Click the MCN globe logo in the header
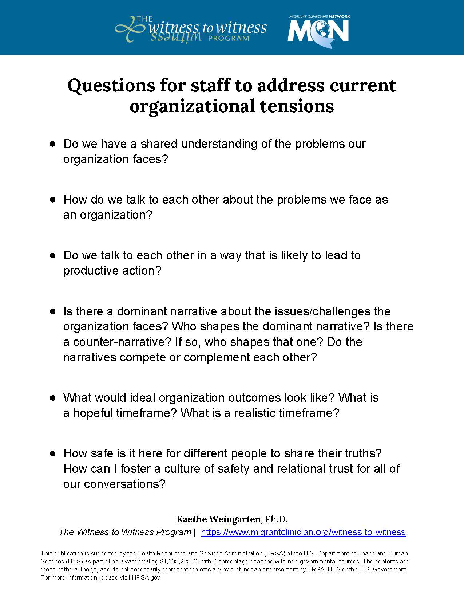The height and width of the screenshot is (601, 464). point(318,31)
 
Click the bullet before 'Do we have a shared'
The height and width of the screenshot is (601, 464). point(52,144)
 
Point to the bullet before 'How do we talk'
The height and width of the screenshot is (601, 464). point(52,200)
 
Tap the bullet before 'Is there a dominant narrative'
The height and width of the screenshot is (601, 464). point(52,311)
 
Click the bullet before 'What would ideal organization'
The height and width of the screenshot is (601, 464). point(52,397)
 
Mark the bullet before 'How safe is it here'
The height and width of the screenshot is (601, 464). point(52,453)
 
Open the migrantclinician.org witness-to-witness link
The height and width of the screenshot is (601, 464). point(303,532)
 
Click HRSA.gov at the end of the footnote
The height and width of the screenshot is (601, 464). point(146,577)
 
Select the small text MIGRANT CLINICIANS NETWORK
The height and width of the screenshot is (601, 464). point(319,16)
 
